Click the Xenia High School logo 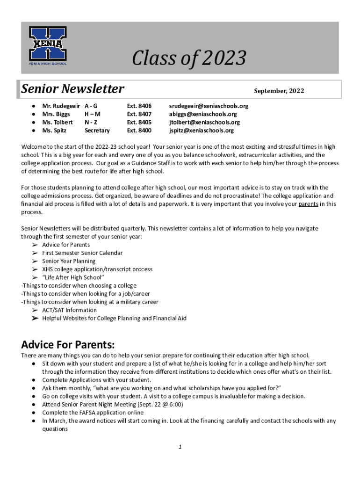[x=48, y=46]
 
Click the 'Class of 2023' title [x=188, y=58]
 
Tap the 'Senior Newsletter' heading [x=73, y=89]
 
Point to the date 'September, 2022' [x=279, y=91]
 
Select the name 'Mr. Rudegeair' [x=61, y=106]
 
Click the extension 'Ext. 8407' [x=139, y=114]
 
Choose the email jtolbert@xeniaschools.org [x=204, y=123]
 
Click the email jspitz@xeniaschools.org [x=201, y=131]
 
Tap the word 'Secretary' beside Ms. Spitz [x=97, y=131]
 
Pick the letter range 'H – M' [x=93, y=114]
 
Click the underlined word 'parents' [x=308, y=204]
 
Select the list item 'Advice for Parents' [x=66, y=245]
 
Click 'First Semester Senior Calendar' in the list [x=82, y=253]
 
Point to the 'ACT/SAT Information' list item [x=70, y=310]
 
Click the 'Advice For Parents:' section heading [x=68, y=345]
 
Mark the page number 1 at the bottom [x=180, y=447]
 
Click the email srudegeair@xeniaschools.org [x=209, y=106]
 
